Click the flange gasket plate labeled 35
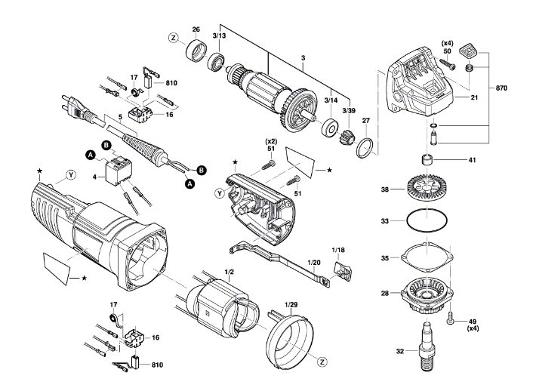[427, 257]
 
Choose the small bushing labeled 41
[427, 160]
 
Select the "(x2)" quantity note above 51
[272, 141]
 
